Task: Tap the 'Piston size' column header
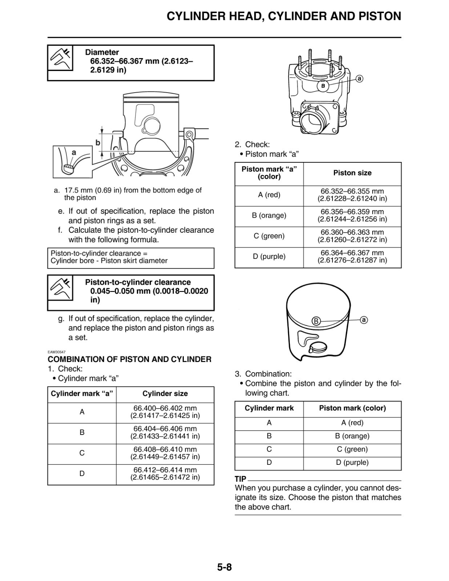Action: click(x=352, y=173)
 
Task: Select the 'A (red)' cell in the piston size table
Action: click(x=269, y=195)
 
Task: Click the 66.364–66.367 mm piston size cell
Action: click(x=352, y=256)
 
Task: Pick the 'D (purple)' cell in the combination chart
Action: click(x=352, y=462)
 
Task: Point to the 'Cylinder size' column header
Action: click(x=165, y=394)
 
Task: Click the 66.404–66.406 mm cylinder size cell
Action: click(x=165, y=432)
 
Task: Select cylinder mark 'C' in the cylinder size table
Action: click(x=82, y=453)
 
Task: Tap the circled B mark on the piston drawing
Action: click(x=316, y=321)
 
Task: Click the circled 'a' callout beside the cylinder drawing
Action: click(x=359, y=79)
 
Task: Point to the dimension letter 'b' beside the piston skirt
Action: click(x=98, y=143)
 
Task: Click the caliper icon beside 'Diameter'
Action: click(x=60, y=58)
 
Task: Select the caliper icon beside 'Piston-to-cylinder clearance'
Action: click(x=60, y=288)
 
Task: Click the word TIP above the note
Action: click(x=240, y=479)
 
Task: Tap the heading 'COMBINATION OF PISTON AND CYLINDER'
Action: click(x=130, y=359)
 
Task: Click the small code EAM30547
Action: click(x=56, y=352)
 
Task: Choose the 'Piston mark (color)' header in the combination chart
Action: click(x=352, y=408)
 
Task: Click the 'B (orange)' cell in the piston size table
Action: click(x=269, y=215)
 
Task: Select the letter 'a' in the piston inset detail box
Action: click(x=74, y=153)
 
